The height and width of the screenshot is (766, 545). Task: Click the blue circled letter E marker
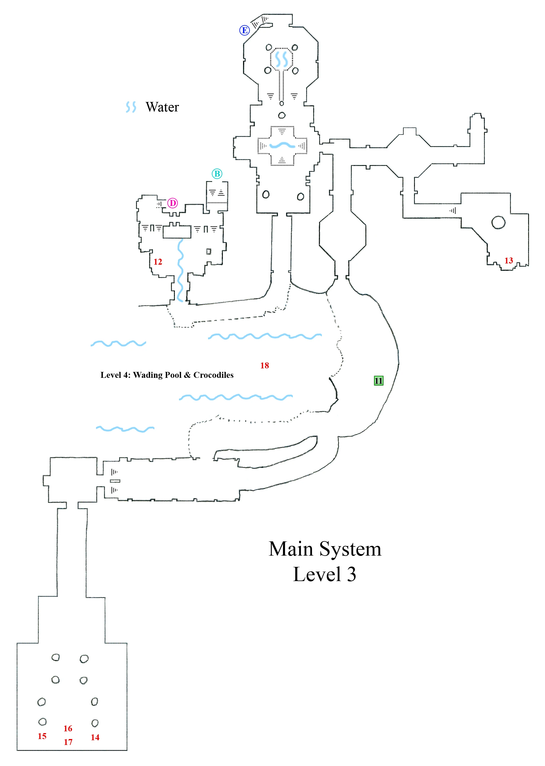[x=244, y=30]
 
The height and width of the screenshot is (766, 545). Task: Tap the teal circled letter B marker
[x=217, y=174]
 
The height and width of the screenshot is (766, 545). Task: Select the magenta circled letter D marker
[x=172, y=203]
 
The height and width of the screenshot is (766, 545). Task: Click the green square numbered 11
[x=378, y=380]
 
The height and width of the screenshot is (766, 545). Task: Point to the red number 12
[x=158, y=262]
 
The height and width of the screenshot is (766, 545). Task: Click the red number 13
[x=509, y=261]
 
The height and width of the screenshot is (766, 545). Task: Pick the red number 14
[x=95, y=737]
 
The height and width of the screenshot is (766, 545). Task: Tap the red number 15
[x=42, y=736]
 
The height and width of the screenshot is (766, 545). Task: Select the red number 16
[x=68, y=728]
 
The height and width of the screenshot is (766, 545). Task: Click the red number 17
[x=68, y=742]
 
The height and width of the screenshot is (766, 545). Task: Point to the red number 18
[x=264, y=365]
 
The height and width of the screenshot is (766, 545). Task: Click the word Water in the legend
[x=162, y=107]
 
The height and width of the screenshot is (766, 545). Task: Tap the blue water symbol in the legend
[x=131, y=107]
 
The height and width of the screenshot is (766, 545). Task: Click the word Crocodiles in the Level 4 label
[x=213, y=375]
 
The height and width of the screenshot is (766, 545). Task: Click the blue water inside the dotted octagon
[x=281, y=59]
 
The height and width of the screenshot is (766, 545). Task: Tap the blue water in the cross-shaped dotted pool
[x=282, y=145]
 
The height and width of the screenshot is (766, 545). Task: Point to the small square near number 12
[x=209, y=251]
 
